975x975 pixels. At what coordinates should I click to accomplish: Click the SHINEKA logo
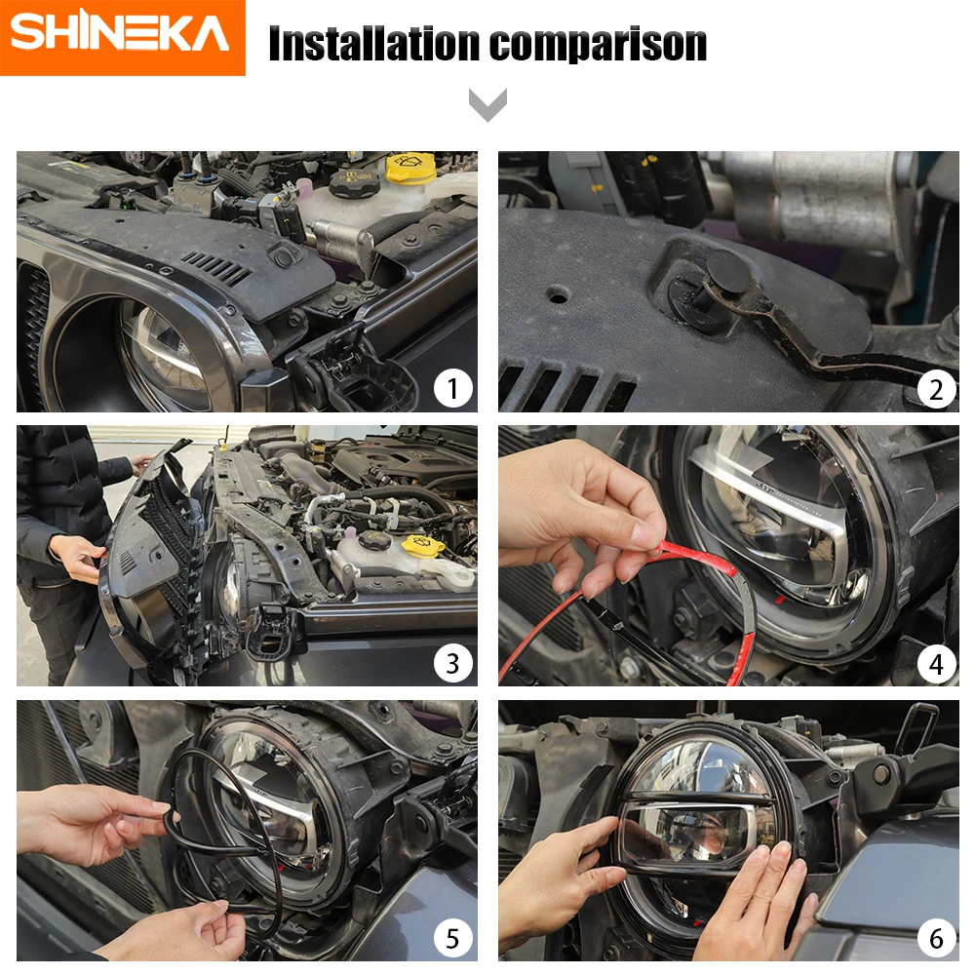pyautogui.click(x=122, y=37)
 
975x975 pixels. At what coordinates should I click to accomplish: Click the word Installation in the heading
pyautogui.click(x=374, y=44)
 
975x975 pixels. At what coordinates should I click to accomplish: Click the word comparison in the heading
pyautogui.click(x=599, y=46)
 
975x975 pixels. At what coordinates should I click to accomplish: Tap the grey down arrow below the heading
pyautogui.click(x=487, y=104)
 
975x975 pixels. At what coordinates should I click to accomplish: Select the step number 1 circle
pyautogui.click(x=452, y=389)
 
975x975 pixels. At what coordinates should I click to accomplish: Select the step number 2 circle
pyautogui.click(x=936, y=390)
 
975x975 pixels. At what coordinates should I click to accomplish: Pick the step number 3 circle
pyautogui.click(x=452, y=663)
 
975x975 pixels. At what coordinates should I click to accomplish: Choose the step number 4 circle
pyautogui.click(x=936, y=664)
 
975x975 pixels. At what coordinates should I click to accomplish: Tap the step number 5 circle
pyautogui.click(x=452, y=938)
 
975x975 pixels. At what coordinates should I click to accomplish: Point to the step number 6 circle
pyautogui.click(x=936, y=938)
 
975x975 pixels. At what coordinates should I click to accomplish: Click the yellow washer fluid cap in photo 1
pyautogui.click(x=410, y=168)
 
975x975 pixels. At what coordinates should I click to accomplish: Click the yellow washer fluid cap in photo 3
pyautogui.click(x=423, y=546)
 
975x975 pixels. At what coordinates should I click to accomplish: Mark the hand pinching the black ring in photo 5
pyautogui.click(x=94, y=824)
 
